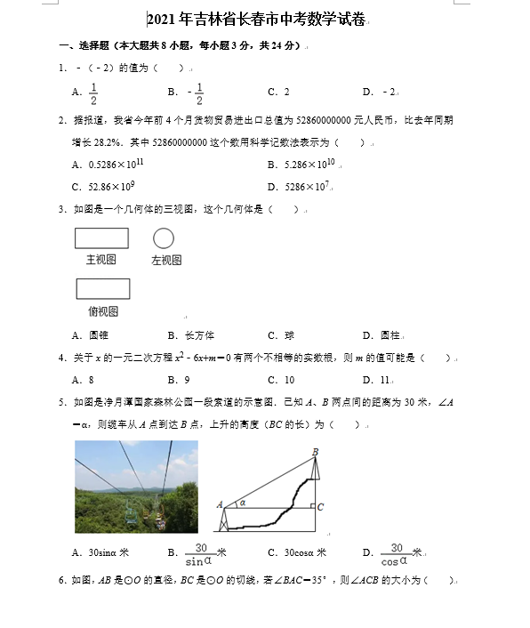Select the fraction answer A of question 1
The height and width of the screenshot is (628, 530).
click(92, 92)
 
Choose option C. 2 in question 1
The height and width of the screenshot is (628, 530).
click(279, 92)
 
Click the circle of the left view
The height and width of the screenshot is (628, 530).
click(163, 238)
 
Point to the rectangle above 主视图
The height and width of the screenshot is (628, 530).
click(101, 238)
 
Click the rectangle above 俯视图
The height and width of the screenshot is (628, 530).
click(102, 289)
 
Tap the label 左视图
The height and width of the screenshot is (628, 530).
click(166, 261)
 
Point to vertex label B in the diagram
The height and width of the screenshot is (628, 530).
click(315, 452)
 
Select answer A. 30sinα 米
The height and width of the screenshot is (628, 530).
click(100, 552)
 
